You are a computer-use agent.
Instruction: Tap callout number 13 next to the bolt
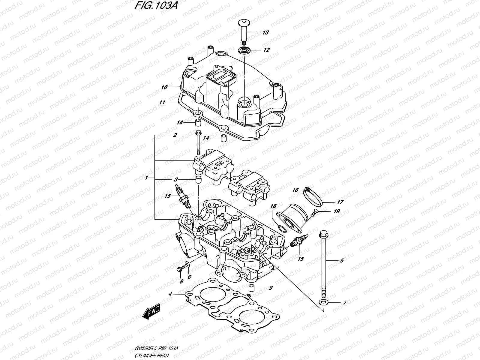pyautogui.click(x=265, y=32)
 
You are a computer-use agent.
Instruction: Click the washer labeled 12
pyautogui.click(x=245, y=50)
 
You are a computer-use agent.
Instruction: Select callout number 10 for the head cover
pyautogui.click(x=164, y=88)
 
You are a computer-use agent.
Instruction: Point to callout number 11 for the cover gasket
pyautogui.click(x=162, y=103)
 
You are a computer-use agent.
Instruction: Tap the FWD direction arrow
pyautogui.click(x=152, y=312)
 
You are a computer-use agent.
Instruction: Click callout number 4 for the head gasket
pyautogui.click(x=170, y=294)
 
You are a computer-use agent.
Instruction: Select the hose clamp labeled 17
pyautogui.click(x=312, y=196)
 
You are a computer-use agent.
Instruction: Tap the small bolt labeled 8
pyautogui.click(x=180, y=269)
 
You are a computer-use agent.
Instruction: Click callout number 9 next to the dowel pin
pyautogui.click(x=271, y=288)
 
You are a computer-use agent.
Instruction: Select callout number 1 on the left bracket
pyautogui.click(x=147, y=178)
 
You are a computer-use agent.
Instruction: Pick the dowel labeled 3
pyautogui.click(x=198, y=180)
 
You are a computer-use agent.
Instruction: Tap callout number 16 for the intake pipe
pyautogui.click(x=295, y=190)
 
